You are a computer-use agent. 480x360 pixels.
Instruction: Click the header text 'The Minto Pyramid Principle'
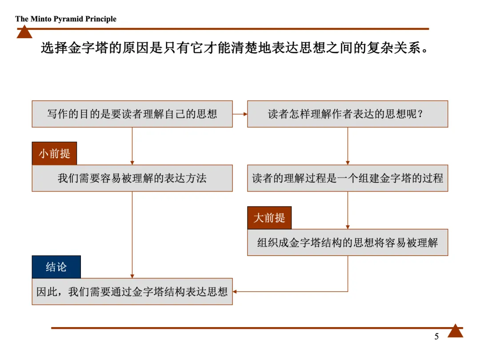[66, 19]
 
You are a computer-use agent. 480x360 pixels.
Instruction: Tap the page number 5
[436, 336]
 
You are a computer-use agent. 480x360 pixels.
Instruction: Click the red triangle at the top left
[24, 32]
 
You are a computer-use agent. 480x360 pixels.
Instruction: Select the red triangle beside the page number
[455, 331]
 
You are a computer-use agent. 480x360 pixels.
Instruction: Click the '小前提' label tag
[54, 153]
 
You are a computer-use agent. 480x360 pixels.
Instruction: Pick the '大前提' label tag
[269, 218]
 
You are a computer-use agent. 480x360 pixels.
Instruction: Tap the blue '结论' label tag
[56, 267]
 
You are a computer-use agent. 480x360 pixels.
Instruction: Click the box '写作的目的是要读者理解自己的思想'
[132, 114]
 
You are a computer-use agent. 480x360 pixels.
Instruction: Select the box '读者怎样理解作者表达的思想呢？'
[348, 114]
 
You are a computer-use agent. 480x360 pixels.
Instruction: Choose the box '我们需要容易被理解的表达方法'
[132, 178]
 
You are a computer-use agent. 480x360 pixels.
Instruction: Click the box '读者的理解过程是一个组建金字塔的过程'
[348, 178]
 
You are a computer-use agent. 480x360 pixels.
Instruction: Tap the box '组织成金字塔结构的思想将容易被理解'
[348, 243]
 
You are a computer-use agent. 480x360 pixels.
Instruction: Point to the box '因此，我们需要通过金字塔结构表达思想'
[132, 292]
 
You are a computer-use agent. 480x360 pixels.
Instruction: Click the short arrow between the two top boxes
[240, 114]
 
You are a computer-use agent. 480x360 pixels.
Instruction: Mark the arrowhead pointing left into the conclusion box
[235, 292]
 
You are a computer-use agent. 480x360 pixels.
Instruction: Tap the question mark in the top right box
[420, 114]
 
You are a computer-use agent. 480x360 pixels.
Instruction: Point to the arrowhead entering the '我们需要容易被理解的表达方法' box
[132, 163]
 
